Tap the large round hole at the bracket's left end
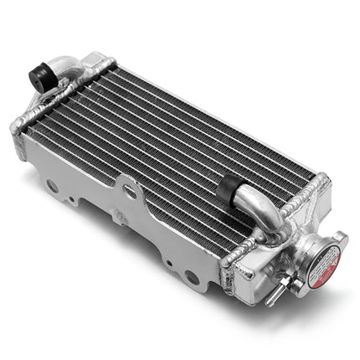[x=52, y=186]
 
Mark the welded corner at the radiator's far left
[x=17, y=127]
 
